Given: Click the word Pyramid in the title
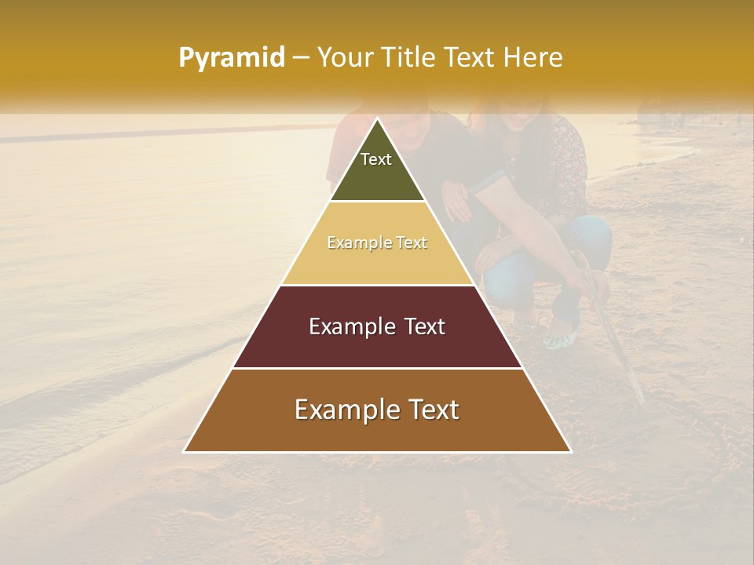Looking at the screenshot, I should (x=231, y=58).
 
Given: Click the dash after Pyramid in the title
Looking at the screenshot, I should (x=301, y=58).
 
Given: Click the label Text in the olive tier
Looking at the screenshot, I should (x=376, y=159).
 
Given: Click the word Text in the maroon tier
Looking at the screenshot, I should (x=425, y=326).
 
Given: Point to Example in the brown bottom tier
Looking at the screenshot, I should (x=346, y=410).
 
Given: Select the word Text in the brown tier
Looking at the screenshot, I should (x=431, y=410).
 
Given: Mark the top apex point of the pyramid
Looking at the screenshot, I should (x=377, y=118).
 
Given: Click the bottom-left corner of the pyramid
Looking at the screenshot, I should (x=184, y=452).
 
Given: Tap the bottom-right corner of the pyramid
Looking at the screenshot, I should (x=571, y=452).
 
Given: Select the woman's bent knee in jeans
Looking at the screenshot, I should (x=593, y=235).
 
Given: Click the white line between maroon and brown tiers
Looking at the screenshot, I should (x=377, y=368).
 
